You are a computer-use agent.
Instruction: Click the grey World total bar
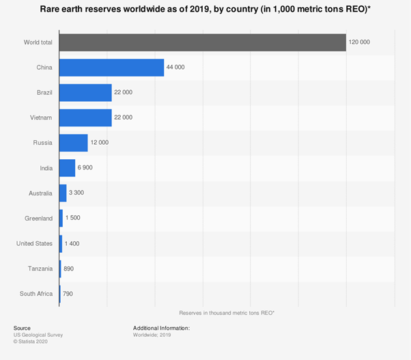202,42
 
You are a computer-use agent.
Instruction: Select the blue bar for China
111,68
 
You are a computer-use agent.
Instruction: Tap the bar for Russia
73,143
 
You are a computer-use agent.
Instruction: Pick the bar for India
67,168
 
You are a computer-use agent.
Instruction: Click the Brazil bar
85,93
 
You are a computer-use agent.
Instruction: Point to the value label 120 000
360,42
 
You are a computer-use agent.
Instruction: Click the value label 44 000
177,68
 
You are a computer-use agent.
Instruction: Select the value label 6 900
87,168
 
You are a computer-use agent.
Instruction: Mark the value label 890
68,268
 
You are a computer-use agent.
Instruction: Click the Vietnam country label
39,117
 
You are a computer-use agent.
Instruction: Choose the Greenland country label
38,219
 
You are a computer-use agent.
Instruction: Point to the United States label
34,243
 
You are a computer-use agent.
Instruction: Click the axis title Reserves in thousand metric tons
226,312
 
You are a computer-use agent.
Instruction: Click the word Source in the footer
22,329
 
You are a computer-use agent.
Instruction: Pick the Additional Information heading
161,329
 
